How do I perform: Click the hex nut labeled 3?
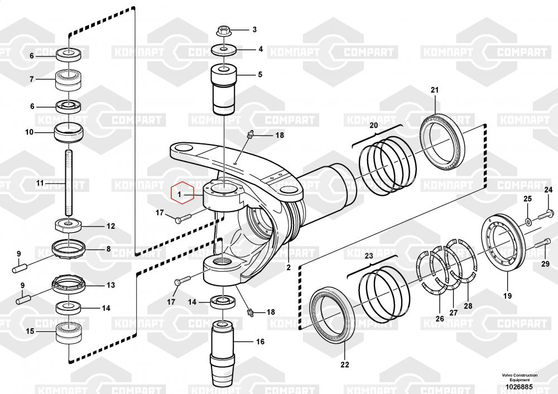click(x=223, y=31)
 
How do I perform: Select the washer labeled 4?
click(x=224, y=50)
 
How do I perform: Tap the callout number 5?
click(x=260, y=74)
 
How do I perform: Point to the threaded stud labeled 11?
click(x=68, y=182)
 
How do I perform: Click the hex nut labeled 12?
click(x=69, y=225)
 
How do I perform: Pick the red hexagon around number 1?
click(x=182, y=193)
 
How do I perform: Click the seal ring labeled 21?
click(x=442, y=142)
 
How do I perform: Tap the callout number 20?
click(x=373, y=125)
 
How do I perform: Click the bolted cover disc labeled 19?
click(x=504, y=246)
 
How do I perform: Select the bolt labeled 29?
click(x=543, y=244)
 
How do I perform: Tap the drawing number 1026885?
click(x=519, y=387)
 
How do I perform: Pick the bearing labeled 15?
click(x=68, y=333)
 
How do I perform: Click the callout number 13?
click(x=110, y=285)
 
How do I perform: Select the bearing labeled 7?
click(x=68, y=80)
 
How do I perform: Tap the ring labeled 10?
click(x=68, y=132)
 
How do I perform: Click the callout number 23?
click(x=369, y=256)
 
